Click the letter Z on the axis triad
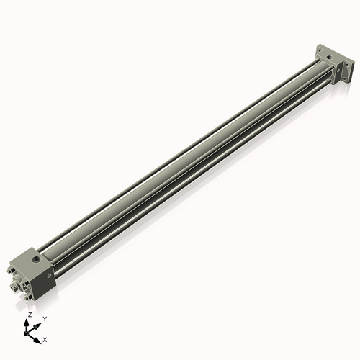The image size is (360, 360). (29, 315)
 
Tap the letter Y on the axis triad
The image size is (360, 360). (44, 318)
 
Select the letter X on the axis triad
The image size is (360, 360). (45, 338)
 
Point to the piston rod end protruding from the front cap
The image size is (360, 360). (14, 287)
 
